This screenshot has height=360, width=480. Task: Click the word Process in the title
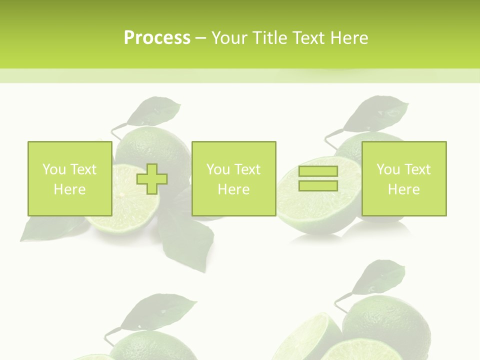(157, 38)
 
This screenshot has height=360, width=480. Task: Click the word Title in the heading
(267, 38)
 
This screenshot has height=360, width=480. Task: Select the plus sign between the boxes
(152, 178)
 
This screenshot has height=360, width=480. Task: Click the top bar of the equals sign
(318, 171)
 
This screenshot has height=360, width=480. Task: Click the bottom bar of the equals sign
(318, 185)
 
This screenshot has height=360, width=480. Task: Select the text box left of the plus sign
(70, 178)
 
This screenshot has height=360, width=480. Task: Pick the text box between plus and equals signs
(233, 178)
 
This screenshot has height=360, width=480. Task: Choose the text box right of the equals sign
(404, 178)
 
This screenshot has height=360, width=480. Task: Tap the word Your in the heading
(229, 38)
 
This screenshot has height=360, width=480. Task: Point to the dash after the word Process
(200, 38)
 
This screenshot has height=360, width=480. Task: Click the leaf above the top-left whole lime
(153, 111)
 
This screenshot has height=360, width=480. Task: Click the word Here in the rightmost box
(404, 189)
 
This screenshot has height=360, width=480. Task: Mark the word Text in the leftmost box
(83, 169)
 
